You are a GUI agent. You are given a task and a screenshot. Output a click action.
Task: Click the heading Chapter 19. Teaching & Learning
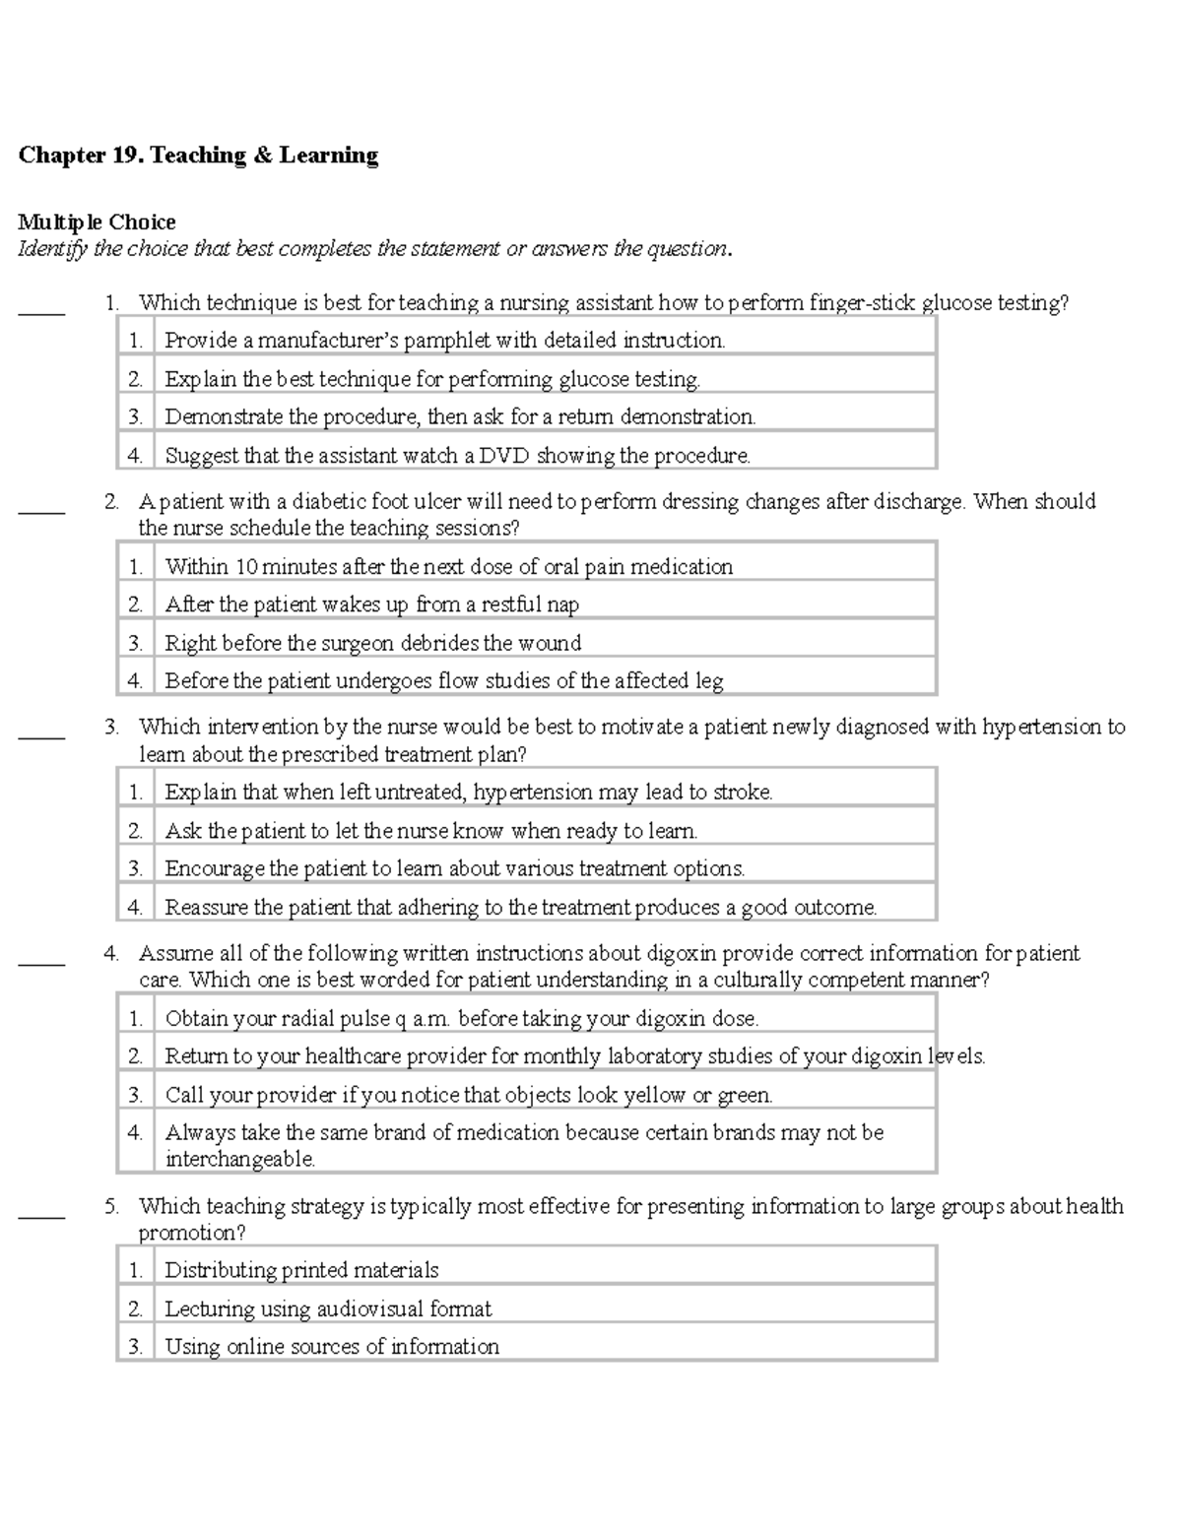(x=198, y=156)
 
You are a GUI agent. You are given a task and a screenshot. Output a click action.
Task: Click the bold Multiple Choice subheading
(x=97, y=223)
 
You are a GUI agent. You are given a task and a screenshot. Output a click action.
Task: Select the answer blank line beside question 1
(x=41, y=312)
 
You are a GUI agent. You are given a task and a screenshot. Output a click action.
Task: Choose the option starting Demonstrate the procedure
(x=459, y=417)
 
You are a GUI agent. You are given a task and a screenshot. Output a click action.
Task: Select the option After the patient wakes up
(x=371, y=605)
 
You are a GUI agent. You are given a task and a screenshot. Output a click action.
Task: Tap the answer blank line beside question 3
(x=41, y=736)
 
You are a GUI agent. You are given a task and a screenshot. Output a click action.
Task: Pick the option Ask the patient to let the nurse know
(x=430, y=831)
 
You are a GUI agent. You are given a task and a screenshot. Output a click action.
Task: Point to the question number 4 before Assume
(x=110, y=953)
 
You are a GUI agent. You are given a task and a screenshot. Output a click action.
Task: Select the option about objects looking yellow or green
(x=468, y=1095)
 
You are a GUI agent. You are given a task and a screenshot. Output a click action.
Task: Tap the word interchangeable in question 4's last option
(x=239, y=1160)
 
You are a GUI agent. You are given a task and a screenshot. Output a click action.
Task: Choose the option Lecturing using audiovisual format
(x=327, y=1308)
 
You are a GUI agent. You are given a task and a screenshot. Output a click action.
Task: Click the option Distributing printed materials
(x=300, y=1270)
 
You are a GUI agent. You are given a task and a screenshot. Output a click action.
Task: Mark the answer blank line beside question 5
(x=41, y=1216)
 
